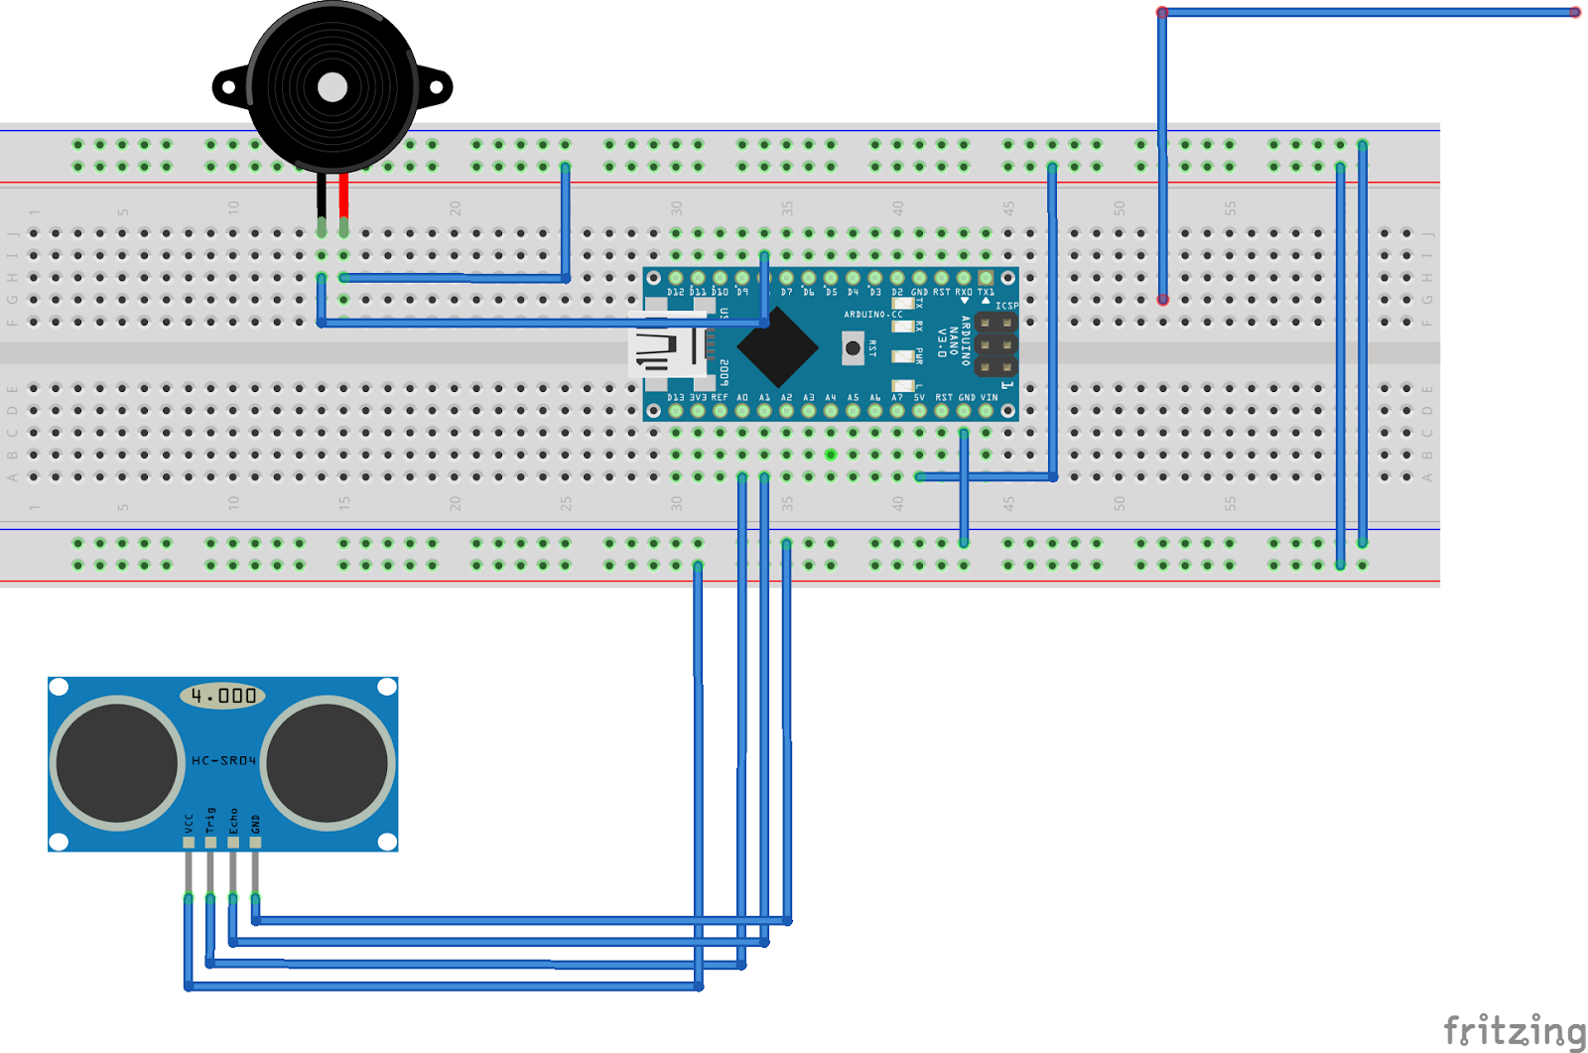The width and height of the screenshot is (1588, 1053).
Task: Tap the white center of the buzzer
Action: pos(331,87)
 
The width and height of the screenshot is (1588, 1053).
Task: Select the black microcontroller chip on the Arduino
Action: pos(778,347)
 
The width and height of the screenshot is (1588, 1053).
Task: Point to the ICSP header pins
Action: pos(995,344)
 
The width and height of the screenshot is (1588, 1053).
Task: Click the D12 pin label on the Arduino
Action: pos(676,293)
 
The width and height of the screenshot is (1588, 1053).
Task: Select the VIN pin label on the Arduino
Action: pos(990,397)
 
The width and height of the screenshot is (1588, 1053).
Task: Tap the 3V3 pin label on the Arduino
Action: pos(698,397)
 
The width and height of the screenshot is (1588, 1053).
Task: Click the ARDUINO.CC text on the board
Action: pos(873,315)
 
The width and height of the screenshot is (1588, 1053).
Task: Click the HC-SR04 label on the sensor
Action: pos(223,760)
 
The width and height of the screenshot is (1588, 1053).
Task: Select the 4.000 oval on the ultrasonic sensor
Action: pos(223,696)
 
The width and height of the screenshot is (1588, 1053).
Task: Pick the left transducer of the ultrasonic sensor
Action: pos(117,762)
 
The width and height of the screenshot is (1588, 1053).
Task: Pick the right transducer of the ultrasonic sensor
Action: pos(327,762)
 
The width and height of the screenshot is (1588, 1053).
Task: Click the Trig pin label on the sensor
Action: pos(210,820)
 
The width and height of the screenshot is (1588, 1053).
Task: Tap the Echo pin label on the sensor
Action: pos(233,820)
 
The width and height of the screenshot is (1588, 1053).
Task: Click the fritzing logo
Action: pos(1514,1030)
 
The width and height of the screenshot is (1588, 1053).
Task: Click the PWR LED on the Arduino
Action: pos(902,354)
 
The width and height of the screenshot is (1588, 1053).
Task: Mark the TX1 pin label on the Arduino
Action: pos(986,293)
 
